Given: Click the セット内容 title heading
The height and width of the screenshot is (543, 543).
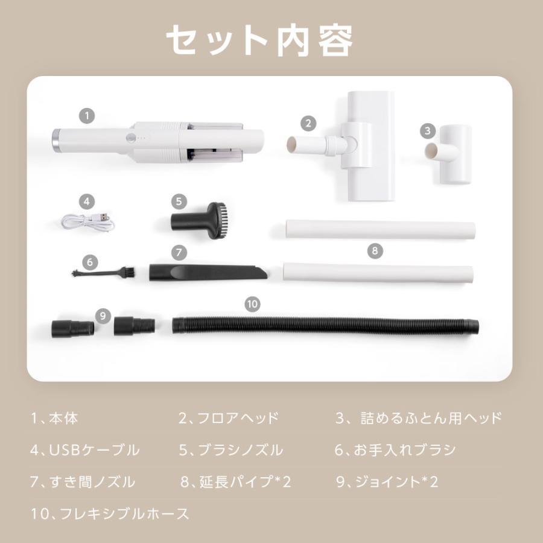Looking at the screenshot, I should (x=259, y=40).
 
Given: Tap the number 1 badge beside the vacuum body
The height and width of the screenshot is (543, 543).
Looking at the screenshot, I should (x=87, y=114).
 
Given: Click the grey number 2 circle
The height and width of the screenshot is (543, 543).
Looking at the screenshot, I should (x=308, y=124).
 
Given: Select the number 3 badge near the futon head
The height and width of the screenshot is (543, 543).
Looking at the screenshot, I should (x=428, y=130).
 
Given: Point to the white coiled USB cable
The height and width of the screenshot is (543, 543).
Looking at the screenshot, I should (x=87, y=221).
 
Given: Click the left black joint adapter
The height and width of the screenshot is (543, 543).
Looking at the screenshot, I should (x=72, y=328).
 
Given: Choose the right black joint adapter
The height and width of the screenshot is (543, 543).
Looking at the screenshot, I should (x=134, y=325).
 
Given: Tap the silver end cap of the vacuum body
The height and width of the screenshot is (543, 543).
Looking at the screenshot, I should (x=56, y=141).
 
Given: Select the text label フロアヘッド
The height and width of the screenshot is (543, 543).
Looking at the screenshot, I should (x=229, y=418).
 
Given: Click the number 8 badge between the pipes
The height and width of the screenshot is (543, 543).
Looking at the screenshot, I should (x=374, y=250).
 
